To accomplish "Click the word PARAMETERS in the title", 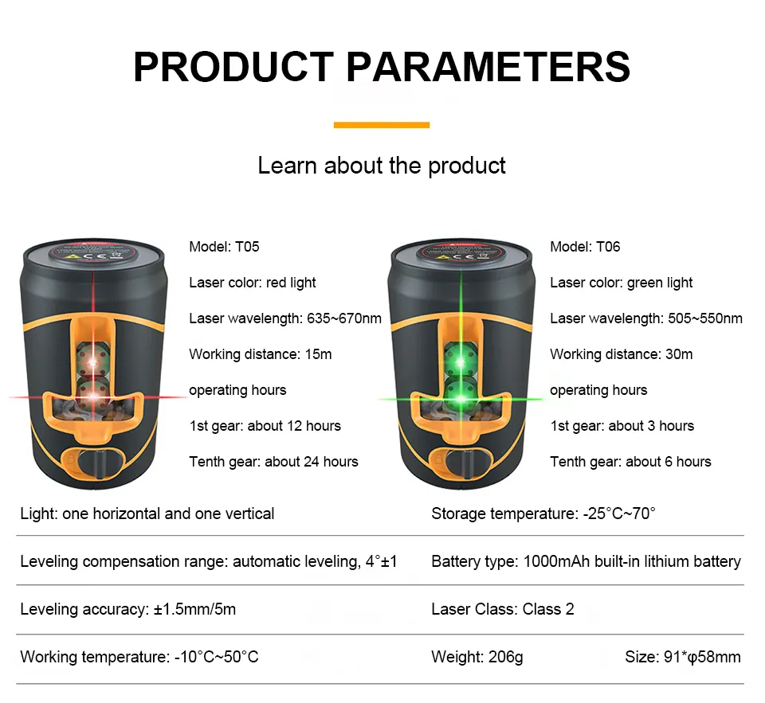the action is pos(488,67).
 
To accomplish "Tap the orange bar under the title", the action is pos(382,125).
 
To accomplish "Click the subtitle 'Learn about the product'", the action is pos(382,166).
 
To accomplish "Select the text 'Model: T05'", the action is pos(224,247).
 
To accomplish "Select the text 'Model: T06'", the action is pos(585,247).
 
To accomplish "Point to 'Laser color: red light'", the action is pos(253,283).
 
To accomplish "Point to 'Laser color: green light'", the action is pos(621,283).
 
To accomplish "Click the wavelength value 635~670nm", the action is pos(344,318).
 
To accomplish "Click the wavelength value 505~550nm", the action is pos(705,318).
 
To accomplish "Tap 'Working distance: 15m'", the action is pos(260,354).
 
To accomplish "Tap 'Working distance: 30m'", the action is pos(621,354).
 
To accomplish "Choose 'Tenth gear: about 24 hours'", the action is pos(273,462).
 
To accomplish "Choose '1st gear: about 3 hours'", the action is pos(622,426).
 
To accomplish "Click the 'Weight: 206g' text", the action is pos(477,657).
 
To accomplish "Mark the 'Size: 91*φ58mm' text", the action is pos(683,657).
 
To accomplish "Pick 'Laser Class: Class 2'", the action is pos(503,609).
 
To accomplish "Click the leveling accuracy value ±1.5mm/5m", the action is pos(194,609).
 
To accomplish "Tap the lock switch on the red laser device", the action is pos(94,463).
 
